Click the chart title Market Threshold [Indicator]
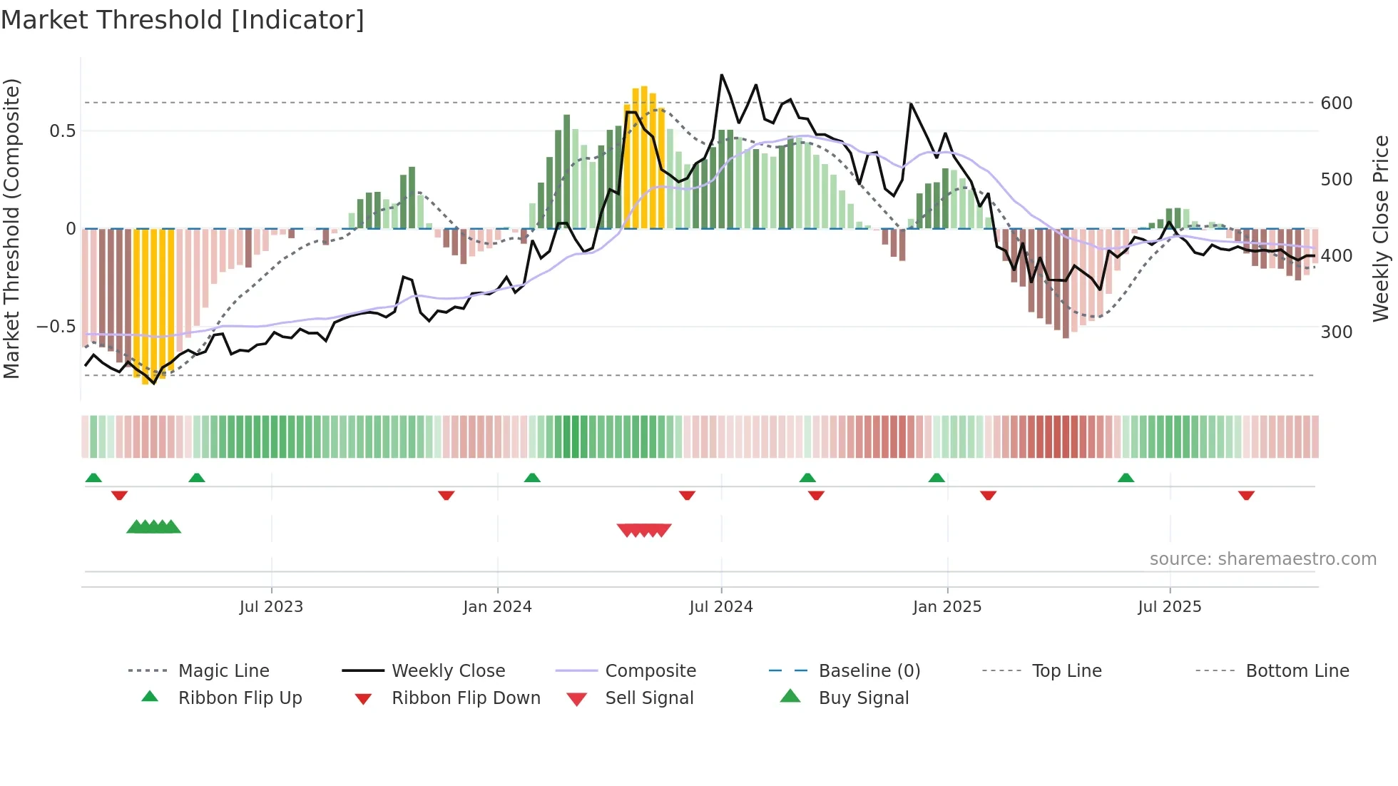(183, 20)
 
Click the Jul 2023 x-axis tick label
(271, 607)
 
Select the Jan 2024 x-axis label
(497, 607)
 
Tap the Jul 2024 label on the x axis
(721, 607)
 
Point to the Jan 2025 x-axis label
(947, 607)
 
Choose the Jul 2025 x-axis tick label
(1170, 607)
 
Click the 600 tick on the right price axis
(1337, 103)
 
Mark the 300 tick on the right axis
(1337, 332)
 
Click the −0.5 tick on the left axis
(56, 327)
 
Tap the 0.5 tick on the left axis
(62, 131)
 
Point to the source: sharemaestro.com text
(1262, 559)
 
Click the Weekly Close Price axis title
(1381, 228)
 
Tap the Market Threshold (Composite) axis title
(11, 228)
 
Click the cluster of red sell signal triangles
(644, 530)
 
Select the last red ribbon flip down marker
(1246, 495)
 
